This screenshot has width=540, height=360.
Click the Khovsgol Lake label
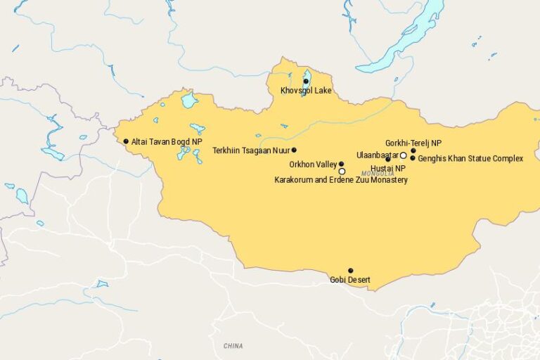[306, 91]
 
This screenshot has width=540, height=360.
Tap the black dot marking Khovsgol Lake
[306, 82]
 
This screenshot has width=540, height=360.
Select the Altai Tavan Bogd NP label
[167, 141]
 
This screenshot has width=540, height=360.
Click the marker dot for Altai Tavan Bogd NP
[126, 141]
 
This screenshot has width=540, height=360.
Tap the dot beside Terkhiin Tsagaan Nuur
[294, 150]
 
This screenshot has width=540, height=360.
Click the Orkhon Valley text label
[313, 165]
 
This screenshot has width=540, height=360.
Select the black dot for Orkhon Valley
[342, 164]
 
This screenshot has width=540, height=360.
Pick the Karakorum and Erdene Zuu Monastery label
[340, 181]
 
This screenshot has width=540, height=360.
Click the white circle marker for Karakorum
[342, 171]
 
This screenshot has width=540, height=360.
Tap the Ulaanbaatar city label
[378, 155]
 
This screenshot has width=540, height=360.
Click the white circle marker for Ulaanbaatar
[404, 155]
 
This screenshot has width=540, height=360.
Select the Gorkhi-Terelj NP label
[413, 143]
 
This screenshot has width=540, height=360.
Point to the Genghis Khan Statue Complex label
[470, 159]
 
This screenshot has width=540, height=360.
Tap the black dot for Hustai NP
[387, 160]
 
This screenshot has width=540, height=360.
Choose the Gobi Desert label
[350, 280]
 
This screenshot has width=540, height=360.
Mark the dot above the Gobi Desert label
[350, 271]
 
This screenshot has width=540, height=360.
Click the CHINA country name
[233, 346]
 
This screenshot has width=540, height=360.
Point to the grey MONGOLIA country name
[378, 174]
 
